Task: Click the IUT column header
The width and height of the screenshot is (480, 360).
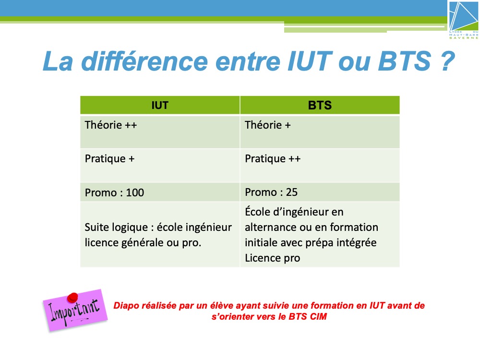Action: click(x=160, y=105)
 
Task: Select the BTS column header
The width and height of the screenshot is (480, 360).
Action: click(x=320, y=105)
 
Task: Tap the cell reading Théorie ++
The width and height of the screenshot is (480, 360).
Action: click(x=160, y=132)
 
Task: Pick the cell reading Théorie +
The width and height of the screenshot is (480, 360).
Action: click(x=320, y=132)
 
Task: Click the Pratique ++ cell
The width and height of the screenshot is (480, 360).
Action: click(x=320, y=166)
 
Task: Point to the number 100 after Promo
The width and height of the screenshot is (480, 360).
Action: click(x=135, y=192)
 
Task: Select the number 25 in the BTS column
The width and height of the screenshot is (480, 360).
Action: click(x=292, y=192)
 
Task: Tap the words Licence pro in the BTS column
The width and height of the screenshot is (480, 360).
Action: click(x=273, y=258)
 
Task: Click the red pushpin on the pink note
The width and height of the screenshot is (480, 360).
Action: click(x=72, y=298)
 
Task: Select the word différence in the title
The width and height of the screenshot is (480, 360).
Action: click(x=144, y=61)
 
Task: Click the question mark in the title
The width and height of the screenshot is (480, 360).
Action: click(x=447, y=61)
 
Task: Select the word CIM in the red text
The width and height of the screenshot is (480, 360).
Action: click(x=318, y=316)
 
